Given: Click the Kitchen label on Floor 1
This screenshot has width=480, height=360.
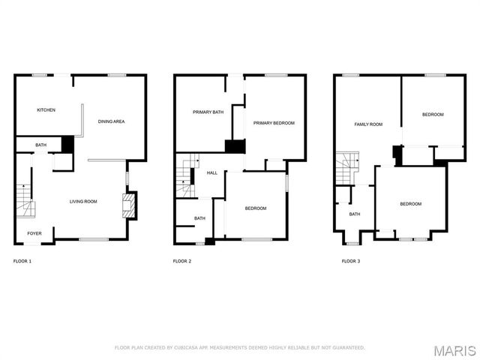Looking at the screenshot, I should (x=46, y=110).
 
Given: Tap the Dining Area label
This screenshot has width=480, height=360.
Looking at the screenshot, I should (x=111, y=120).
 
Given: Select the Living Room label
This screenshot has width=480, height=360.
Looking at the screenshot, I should (x=83, y=201).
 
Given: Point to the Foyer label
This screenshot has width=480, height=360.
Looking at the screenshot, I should (x=34, y=233).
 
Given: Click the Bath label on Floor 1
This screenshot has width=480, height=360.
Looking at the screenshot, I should (x=40, y=145).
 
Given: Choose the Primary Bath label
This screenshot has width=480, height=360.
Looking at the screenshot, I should (x=208, y=112).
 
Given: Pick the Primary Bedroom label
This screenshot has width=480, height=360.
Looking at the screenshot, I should (x=274, y=123).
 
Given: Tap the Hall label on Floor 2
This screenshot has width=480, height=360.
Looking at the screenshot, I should (x=212, y=172).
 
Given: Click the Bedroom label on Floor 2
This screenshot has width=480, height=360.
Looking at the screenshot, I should (x=256, y=208).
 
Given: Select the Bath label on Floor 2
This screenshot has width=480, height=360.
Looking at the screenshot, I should (x=199, y=218).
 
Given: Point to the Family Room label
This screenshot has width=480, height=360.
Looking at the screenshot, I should (x=368, y=124).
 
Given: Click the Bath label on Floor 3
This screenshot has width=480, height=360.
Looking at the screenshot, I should (x=354, y=214).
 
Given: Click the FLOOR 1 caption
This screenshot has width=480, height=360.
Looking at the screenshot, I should (x=22, y=261).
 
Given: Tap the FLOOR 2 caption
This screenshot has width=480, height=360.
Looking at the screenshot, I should (x=182, y=261).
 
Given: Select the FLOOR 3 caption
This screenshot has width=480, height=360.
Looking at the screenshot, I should (x=350, y=261).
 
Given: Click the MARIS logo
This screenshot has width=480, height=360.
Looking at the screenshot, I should (x=454, y=350).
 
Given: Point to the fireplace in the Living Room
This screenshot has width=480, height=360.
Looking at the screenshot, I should (x=130, y=205).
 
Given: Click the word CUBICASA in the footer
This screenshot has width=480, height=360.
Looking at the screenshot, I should (x=187, y=347).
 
